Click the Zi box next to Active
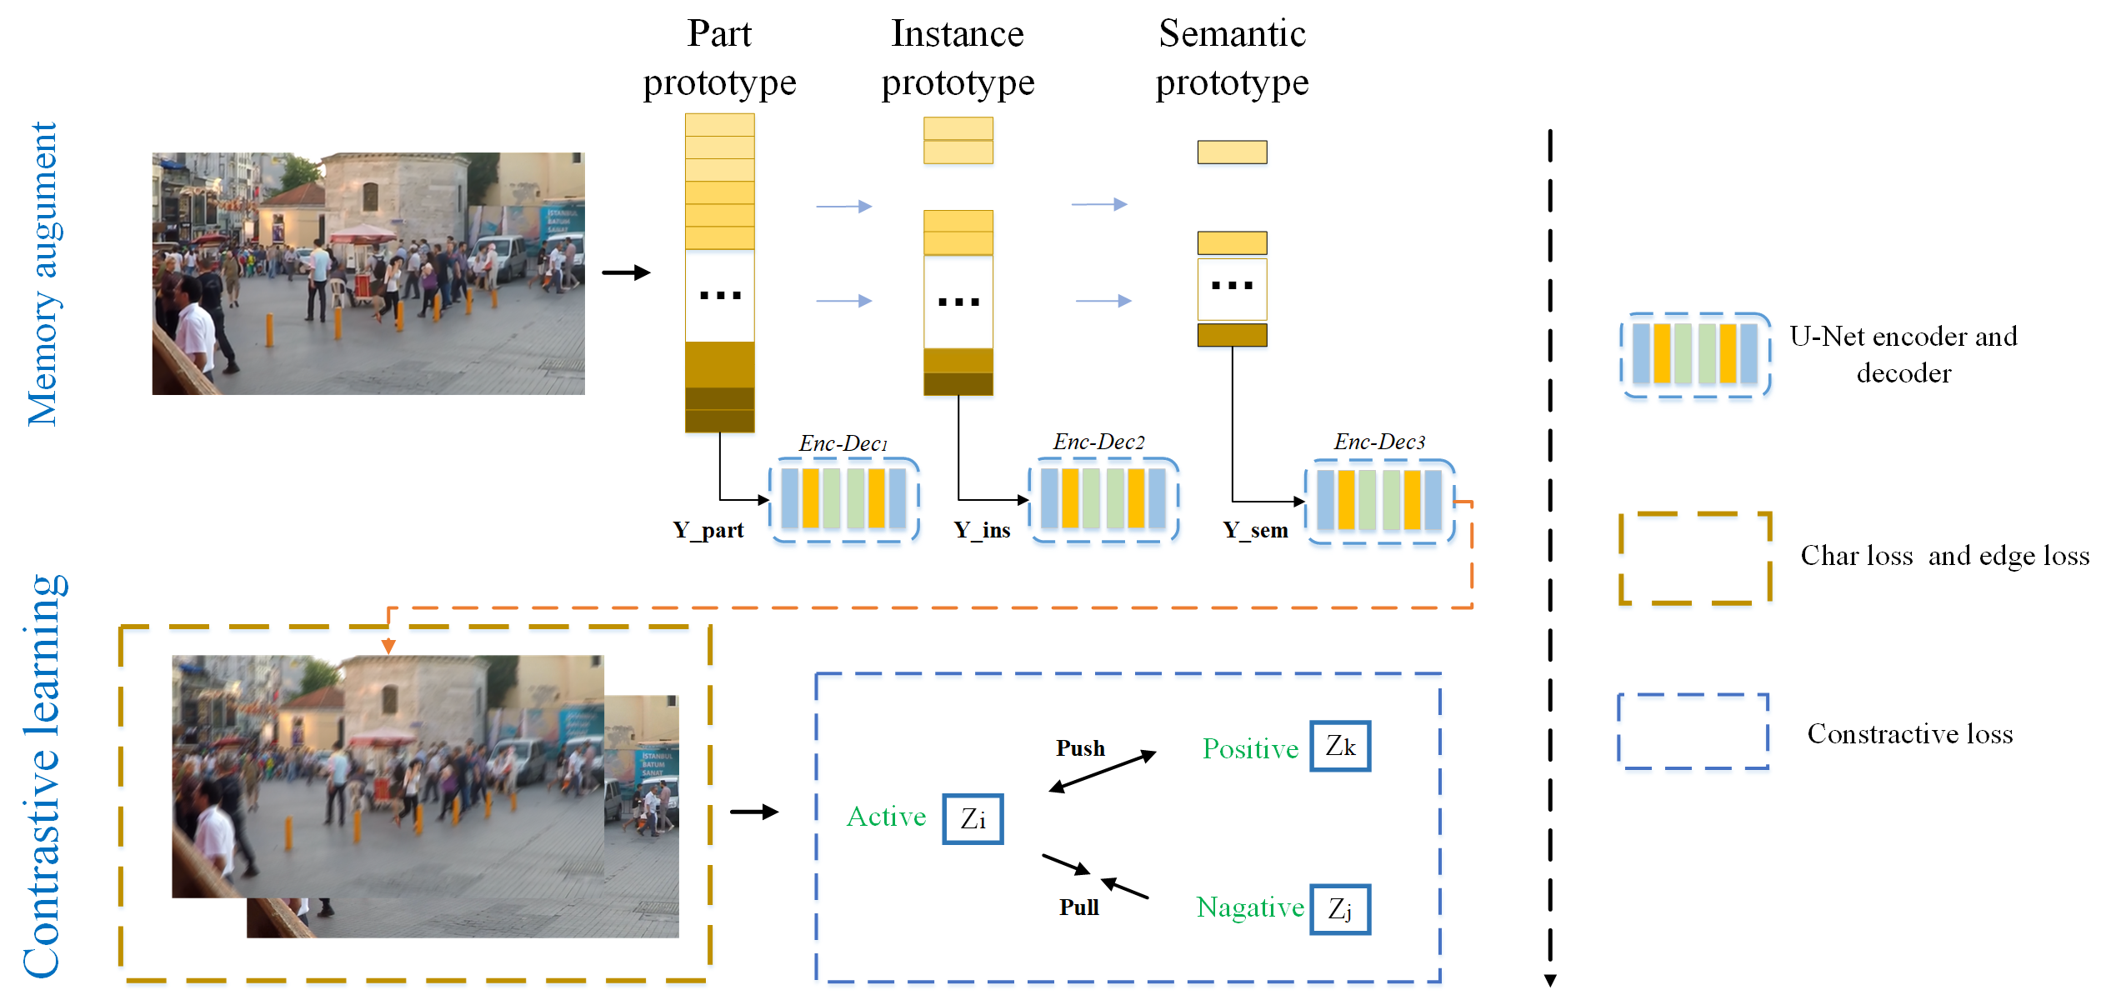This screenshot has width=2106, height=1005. pos(973,819)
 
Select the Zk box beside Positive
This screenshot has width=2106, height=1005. pos(1339,746)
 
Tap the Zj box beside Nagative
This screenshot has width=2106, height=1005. pos(1339,909)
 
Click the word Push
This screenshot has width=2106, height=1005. pos(1080,748)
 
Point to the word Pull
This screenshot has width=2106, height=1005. pos(1079,907)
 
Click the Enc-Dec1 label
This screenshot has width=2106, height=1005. pos(843,443)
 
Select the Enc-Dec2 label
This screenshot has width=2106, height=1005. pos(1098,442)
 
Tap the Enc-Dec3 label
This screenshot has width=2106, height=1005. pos(1379,442)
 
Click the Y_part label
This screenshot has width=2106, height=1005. pos(708,530)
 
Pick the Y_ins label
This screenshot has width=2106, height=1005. pos(982,530)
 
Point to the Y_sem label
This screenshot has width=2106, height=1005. pos(1255,530)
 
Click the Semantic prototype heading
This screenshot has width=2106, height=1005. pos(1232,57)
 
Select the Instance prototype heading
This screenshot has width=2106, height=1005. pos(958,57)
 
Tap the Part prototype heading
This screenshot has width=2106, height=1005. pos(719,57)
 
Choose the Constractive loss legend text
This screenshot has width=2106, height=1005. pos(1909,733)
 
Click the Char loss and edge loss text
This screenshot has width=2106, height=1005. pos(1944,556)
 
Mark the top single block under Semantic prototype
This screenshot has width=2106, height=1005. pos(1232,152)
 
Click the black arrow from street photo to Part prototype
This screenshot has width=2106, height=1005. pos(626,272)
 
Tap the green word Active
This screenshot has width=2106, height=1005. pos(886,817)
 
